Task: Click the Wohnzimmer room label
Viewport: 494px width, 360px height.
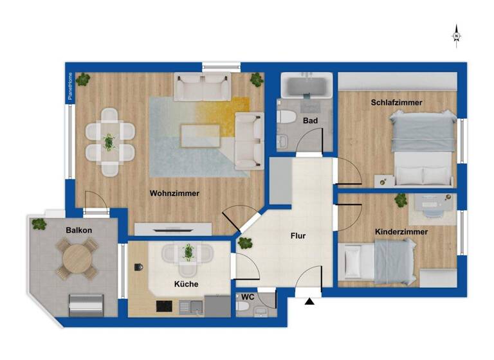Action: [x=174, y=193]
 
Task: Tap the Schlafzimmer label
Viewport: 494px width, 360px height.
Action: [x=396, y=102]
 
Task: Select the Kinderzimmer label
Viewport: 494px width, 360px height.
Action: [x=401, y=231]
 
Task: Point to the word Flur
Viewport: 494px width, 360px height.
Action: [x=297, y=236]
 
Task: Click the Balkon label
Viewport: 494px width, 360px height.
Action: [x=78, y=230]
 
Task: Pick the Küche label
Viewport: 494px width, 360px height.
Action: [x=186, y=283]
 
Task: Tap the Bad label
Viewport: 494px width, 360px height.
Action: [x=311, y=121]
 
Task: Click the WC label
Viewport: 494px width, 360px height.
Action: [x=248, y=297]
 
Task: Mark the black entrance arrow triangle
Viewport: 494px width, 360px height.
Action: [x=310, y=300]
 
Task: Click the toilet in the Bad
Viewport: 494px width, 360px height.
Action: [x=286, y=118]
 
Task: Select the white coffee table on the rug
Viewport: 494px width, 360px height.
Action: [x=201, y=135]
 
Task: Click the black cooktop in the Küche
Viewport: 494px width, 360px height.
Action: [x=164, y=305]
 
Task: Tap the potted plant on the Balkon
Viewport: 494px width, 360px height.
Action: [x=39, y=224]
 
